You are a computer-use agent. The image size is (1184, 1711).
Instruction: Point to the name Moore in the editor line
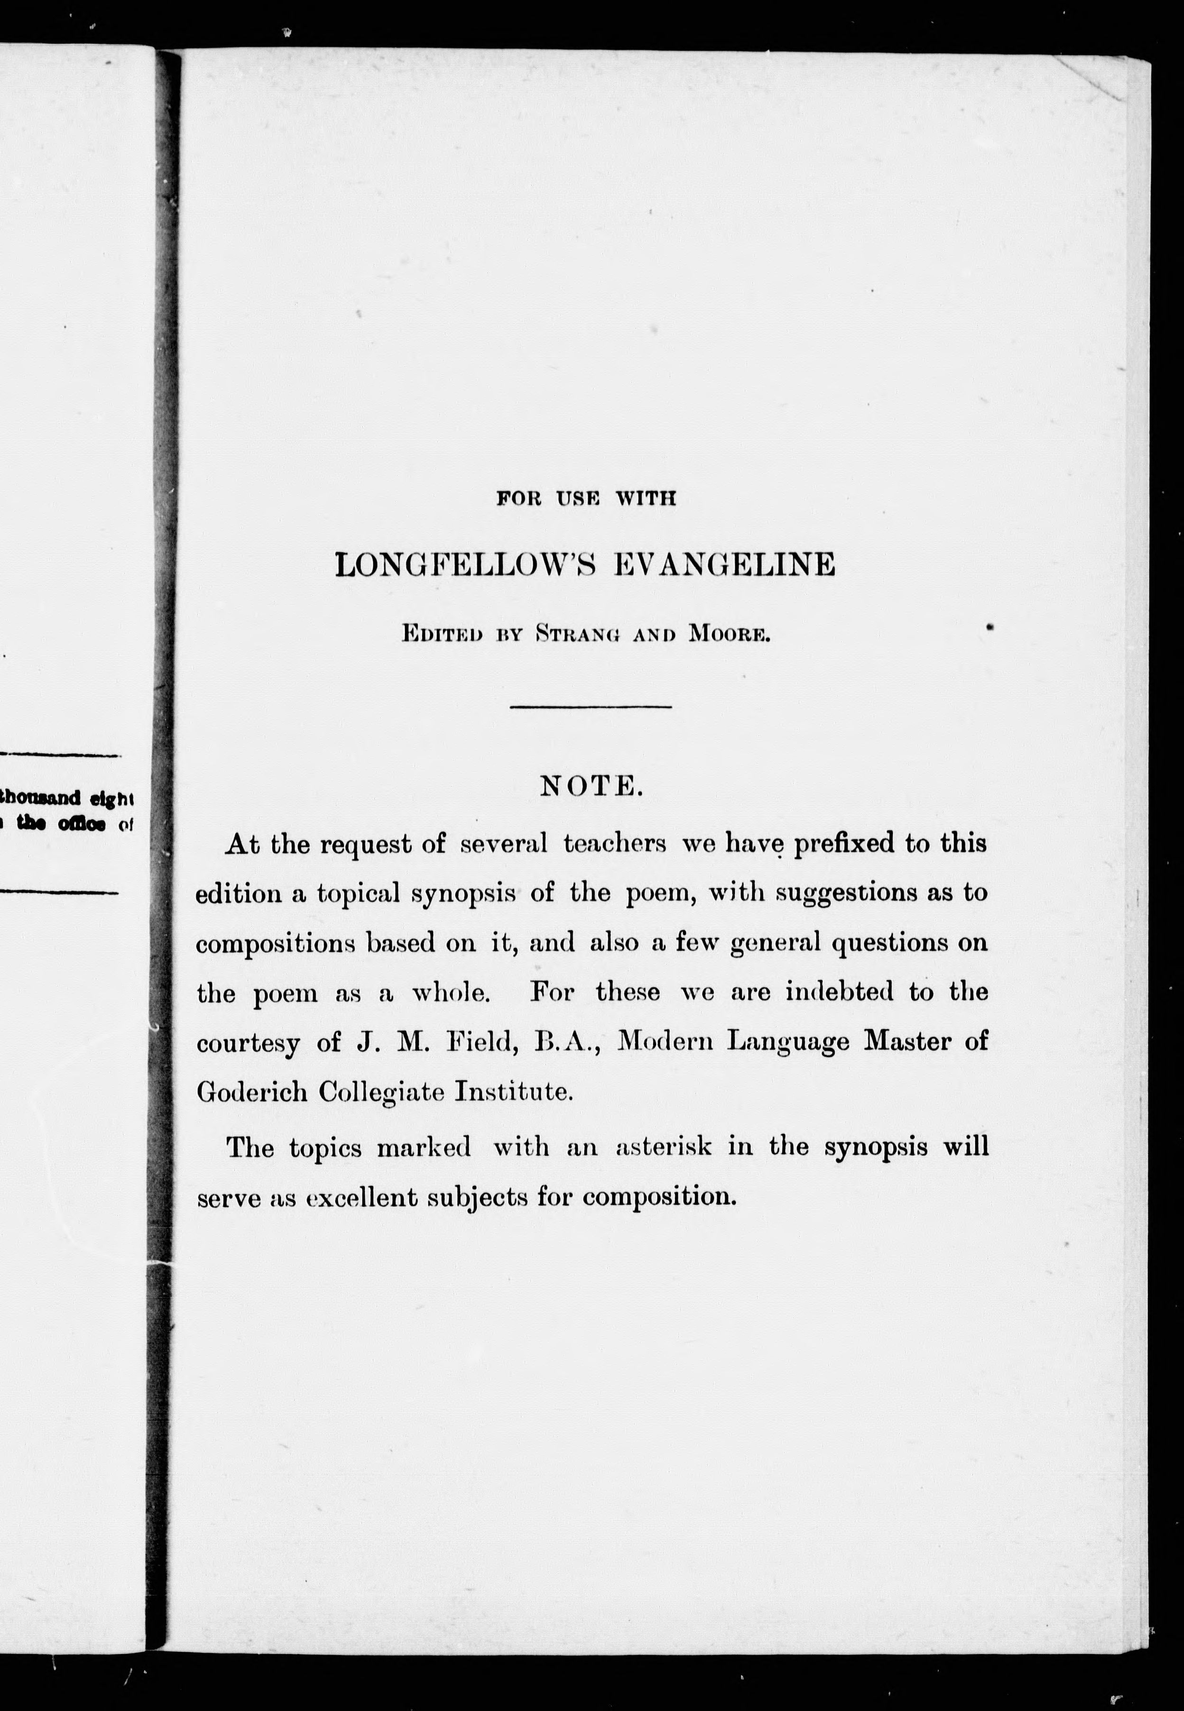pyautogui.click(x=730, y=634)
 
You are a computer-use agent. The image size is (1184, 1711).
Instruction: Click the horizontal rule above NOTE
pyautogui.click(x=591, y=707)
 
